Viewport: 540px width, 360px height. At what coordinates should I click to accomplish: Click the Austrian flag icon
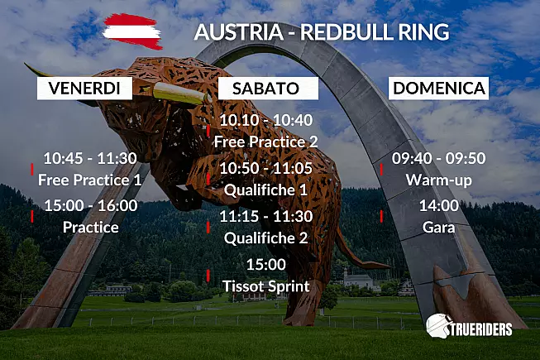point(133,31)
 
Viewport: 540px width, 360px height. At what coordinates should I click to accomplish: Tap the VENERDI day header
point(84,89)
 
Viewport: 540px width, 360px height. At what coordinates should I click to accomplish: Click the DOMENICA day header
point(438,89)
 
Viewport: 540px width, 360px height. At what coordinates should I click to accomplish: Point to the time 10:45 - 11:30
point(90,158)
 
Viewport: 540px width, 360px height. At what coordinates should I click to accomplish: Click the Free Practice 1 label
point(90,180)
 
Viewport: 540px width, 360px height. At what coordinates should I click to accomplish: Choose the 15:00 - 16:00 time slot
point(91,206)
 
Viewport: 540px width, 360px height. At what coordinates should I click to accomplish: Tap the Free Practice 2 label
point(266,142)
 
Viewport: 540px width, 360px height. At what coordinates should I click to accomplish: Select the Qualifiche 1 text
point(265,190)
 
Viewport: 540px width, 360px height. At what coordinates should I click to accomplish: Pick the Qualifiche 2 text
point(266,238)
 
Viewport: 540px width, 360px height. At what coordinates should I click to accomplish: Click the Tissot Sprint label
point(266,286)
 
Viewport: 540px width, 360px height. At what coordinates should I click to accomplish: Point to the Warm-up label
point(439,180)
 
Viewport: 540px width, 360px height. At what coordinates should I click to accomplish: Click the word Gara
point(439,228)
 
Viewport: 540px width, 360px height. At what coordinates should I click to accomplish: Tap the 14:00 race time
point(439,206)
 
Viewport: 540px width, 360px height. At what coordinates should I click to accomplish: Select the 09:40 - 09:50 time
point(439,158)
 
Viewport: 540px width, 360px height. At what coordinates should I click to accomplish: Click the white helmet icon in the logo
point(438,325)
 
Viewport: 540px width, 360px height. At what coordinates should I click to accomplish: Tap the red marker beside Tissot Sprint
point(208,276)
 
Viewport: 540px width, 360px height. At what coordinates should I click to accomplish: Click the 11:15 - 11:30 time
point(266,216)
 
